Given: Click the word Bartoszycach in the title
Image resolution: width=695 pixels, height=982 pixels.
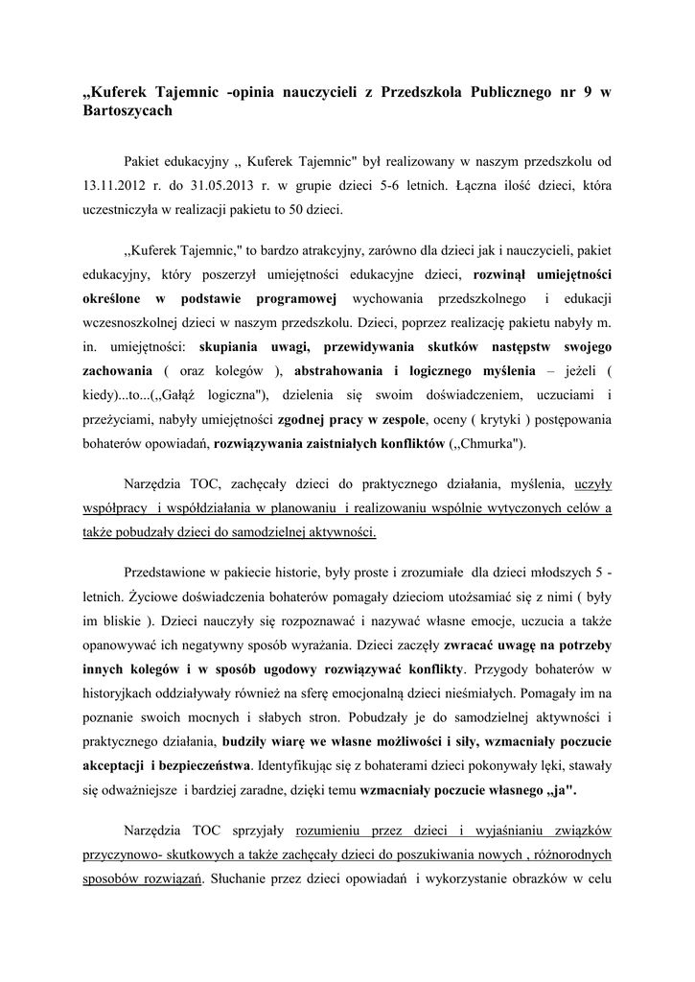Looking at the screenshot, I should point(128,111).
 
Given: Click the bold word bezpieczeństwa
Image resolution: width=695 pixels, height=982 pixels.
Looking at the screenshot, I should point(203,766).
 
